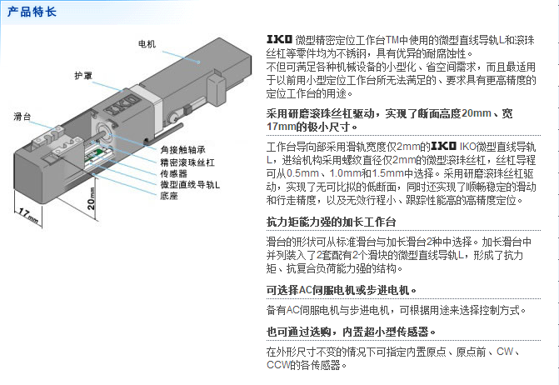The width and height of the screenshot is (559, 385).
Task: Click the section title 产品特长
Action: click(32, 12)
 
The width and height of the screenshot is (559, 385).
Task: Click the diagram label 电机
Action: click(147, 44)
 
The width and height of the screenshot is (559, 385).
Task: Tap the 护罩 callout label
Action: click(83, 76)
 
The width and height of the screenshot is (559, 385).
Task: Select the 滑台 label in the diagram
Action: click(22, 116)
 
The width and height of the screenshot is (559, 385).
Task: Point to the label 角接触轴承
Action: click(182, 150)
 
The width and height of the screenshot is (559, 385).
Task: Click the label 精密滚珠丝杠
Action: click(187, 162)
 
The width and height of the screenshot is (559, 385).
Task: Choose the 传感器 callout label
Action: click(173, 173)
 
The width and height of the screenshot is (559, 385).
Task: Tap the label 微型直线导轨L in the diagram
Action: click(190, 185)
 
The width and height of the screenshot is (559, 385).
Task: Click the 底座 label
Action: click(169, 196)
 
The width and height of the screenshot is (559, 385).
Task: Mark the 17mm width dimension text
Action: click(28, 216)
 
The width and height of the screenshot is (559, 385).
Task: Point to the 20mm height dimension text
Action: click(92, 198)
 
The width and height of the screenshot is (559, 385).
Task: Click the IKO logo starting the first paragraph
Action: click(280, 39)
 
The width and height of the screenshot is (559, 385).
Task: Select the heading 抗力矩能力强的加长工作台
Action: click(332, 222)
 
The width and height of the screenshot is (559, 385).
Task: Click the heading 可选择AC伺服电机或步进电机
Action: click(342, 290)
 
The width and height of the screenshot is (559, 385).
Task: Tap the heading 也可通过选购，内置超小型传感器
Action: click(352, 332)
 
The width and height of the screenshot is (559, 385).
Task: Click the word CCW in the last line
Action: click(278, 365)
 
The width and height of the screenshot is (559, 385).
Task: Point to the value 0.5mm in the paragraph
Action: click(302, 173)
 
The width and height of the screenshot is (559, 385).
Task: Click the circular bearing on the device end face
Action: click(102, 130)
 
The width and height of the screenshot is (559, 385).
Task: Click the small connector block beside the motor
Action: click(217, 90)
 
